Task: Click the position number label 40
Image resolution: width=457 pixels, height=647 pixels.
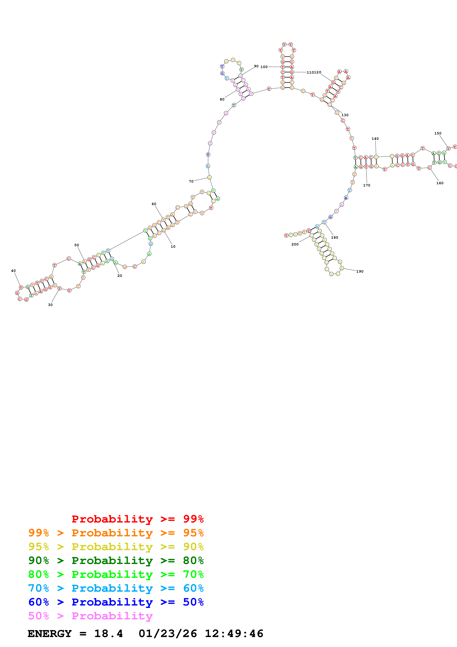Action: point(13,271)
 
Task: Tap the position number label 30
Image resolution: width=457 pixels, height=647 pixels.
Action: point(50,305)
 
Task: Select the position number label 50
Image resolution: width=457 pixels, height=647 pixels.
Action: point(77,245)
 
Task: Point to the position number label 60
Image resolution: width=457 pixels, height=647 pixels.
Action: point(154,204)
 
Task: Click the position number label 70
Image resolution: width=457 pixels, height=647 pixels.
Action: point(191,181)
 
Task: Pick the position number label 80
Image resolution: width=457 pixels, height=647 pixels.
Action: point(222,99)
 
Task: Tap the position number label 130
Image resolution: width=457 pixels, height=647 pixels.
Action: point(345,115)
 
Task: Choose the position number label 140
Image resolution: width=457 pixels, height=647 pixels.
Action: point(375,139)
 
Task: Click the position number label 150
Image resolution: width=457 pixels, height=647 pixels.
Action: point(438,133)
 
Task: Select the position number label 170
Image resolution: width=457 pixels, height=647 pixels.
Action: point(367,185)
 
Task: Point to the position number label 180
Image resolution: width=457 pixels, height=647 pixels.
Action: point(335,238)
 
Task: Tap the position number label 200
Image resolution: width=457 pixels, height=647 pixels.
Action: point(295,244)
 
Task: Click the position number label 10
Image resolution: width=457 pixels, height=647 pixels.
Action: point(173,247)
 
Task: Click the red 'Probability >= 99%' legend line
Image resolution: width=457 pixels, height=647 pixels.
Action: point(137,519)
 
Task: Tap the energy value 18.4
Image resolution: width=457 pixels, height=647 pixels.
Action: point(108,634)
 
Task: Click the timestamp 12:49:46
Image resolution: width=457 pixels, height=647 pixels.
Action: point(234,634)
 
